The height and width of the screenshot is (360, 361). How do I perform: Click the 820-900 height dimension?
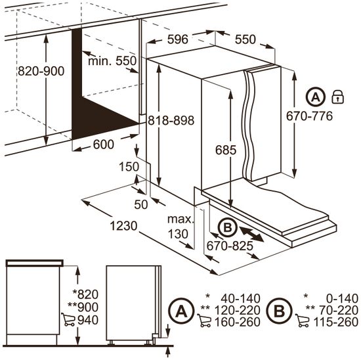click(41, 71)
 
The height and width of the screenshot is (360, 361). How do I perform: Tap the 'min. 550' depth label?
click(112, 61)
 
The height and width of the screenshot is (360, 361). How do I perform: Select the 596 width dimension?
click(177, 39)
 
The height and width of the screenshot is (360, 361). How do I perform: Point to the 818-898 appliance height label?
click(171, 120)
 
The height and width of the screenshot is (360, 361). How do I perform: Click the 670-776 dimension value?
click(309, 116)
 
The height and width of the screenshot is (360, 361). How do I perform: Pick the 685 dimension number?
click(226, 150)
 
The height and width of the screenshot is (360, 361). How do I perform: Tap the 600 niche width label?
click(103, 145)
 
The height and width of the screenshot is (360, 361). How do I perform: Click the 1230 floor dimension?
click(123, 226)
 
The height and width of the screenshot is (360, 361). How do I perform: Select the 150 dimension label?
click(129, 167)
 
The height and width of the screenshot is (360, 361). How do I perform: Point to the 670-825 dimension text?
click(230, 246)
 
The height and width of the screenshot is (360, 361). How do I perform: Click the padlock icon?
click(338, 97)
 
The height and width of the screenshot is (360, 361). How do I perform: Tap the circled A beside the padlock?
click(316, 97)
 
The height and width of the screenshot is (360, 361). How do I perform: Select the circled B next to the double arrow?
click(228, 228)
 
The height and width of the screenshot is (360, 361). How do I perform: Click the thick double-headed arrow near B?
click(251, 234)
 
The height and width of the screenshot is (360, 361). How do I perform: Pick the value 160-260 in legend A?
click(238, 322)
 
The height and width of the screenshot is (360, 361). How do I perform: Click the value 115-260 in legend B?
click(336, 322)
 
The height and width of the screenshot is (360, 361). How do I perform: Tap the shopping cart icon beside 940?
click(68, 319)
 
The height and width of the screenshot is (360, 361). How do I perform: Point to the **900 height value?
click(83, 307)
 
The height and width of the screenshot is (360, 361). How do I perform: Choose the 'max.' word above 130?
click(180, 219)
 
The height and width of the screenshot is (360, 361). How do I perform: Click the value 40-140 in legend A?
click(241, 298)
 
